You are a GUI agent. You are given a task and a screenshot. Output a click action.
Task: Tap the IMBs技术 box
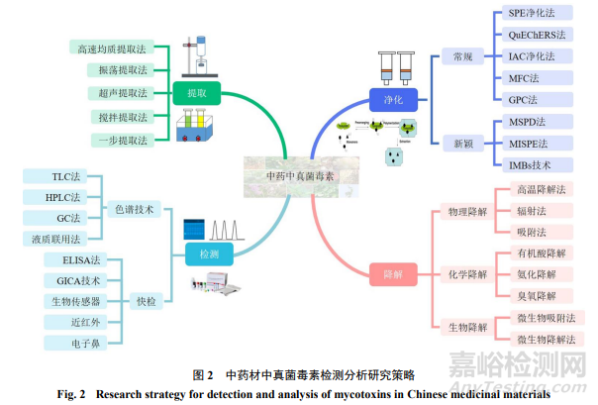(530, 164)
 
